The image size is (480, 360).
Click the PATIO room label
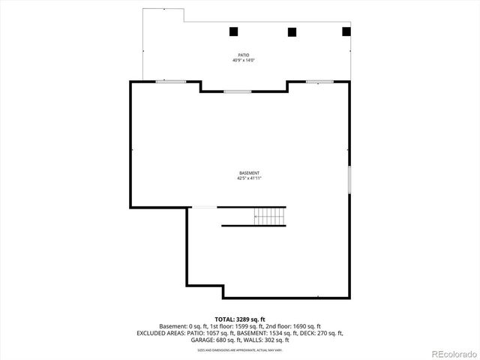pyautogui.click(x=243, y=55)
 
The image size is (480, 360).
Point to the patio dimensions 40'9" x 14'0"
pyautogui.click(x=243, y=61)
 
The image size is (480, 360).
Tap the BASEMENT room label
pyautogui.click(x=250, y=173)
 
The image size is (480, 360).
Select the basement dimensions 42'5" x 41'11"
pyautogui.click(x=250, y=178)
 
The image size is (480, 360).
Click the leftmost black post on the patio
pyautogui.click(x=233, y=31)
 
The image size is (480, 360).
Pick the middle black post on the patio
pyautogui.click(x=292, y=31)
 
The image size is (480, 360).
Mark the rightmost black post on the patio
pyautogui.click(x=346, y=31)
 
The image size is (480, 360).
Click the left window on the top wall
pyautogui.click(x=170, y=82)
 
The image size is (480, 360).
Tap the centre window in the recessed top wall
pyautogui.click(x=237, y=91)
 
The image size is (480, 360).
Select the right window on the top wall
pyautogui.click(x=319, y=82)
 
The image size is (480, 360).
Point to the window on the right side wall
pyautogui.click(x=349, y=179)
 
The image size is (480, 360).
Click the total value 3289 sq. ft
pyautogui.click(x=250, y=319)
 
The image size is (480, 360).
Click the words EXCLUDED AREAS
pyautogui.click(x=161, y=333)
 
